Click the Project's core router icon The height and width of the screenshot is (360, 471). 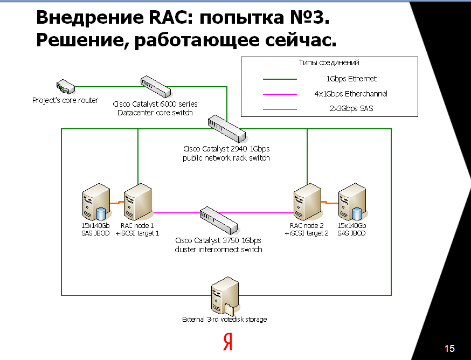pos(64,86)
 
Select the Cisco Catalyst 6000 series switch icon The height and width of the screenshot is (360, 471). pos(155,86)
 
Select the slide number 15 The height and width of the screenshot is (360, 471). pos(449,349)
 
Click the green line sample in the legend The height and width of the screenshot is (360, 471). pos(280,79)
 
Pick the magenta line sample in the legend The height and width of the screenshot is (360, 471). pos(280,94)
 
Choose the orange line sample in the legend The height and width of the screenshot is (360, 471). pos(280,109)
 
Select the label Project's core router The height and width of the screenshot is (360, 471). pos(65,100)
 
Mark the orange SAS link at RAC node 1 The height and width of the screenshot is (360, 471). pos(115,203)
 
